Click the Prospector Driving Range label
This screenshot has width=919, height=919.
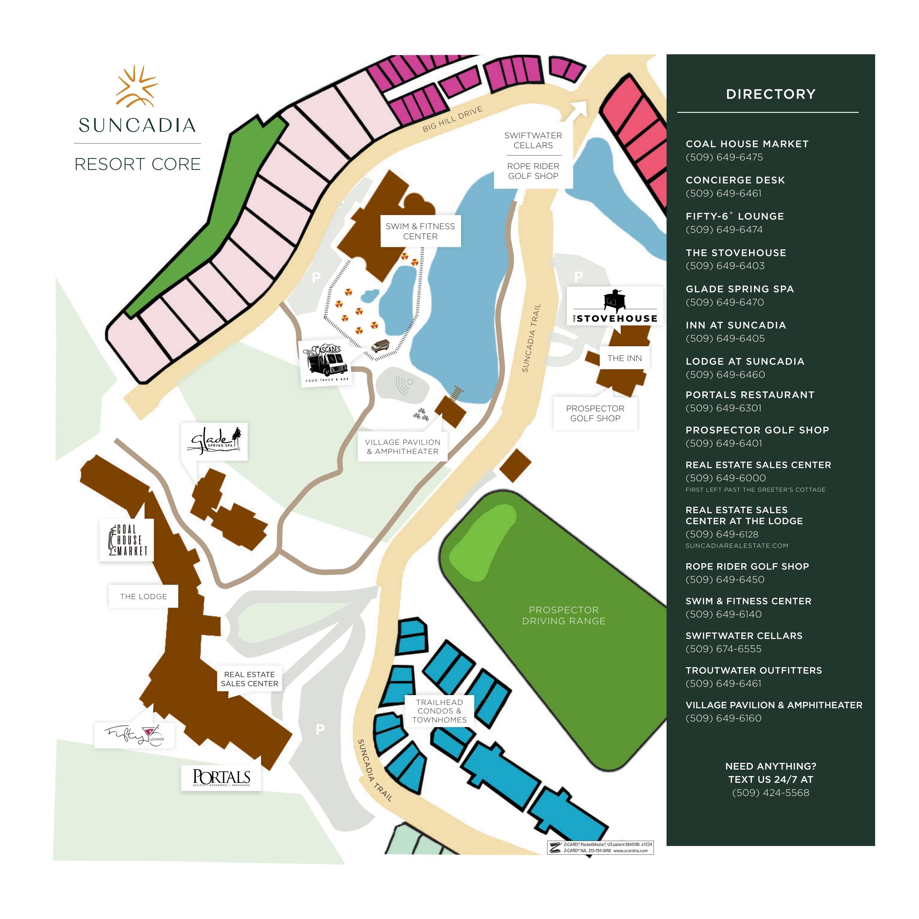(564, 616)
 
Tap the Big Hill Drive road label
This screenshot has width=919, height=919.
(452, 119)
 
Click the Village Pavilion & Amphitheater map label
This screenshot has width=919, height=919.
(402, 447)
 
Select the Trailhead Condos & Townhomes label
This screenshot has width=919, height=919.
(440, 711)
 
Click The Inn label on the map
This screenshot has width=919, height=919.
(624, 358)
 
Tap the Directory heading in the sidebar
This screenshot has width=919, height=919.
(771, 94)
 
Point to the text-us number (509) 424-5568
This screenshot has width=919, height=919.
(771, 793)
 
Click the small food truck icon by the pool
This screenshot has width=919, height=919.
(380, 345)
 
